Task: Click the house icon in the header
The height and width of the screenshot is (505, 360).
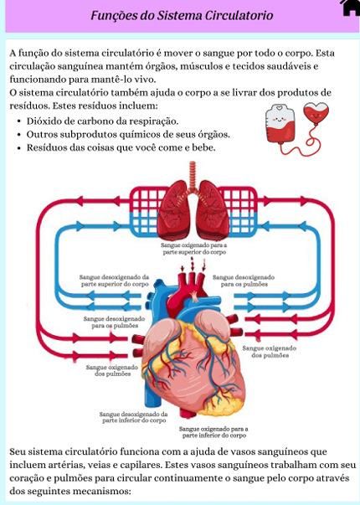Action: (x=350, y=7)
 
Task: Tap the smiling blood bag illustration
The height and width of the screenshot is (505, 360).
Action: (x=280, y=124)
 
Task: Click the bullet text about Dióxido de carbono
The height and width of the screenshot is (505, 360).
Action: (x=102, y=121)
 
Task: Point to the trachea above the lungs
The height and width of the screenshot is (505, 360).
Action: (x=193, y=176)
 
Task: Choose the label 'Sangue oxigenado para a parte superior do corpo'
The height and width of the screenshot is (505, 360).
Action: (x=194, y=249)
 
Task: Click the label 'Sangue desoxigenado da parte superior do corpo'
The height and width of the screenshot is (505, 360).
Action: (x=115, y=281)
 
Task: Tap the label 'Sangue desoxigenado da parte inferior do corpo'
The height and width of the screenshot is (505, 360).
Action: (x=134, y=417)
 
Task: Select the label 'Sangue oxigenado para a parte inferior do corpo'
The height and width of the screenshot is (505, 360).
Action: (x=213, y=432)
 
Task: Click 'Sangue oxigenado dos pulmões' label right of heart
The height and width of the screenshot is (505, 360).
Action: (x=270, y=352)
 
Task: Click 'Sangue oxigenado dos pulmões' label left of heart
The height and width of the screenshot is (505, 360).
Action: (x=112, y=370)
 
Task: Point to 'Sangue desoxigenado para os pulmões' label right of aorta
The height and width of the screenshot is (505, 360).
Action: (x=244, y=281)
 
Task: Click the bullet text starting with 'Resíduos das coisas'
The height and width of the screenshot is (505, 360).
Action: (x=121, y=147)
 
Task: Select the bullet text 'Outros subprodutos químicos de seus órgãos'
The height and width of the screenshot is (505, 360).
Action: (x=128, y=135)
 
